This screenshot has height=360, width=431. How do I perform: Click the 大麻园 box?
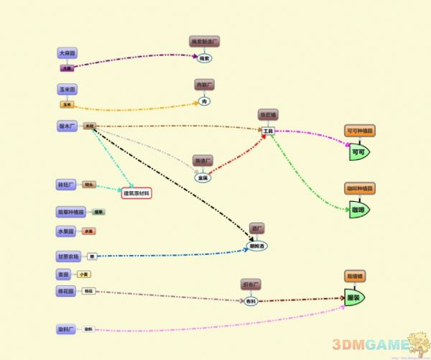tap(67, 53)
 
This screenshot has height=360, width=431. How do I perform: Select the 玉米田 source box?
tap(67, 90)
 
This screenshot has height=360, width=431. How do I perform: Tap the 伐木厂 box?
tap(68, 126)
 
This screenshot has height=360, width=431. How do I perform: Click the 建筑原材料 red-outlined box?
tap(136, 193)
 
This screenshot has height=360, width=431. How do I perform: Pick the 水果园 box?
tap(66, 231)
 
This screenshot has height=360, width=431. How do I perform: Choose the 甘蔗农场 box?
tap(70, 256)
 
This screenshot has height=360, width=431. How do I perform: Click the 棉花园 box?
tap(67, 292)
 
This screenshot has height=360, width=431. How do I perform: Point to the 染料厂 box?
tap(67, 329)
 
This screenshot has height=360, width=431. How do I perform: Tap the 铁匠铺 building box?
tap(268, 115)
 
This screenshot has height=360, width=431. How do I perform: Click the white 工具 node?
tap(268, 131)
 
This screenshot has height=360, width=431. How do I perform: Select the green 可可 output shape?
tap(358, 152)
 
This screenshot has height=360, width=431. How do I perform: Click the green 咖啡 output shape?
tap(358, 210)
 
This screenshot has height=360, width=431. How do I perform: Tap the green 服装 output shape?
tap(353, 297)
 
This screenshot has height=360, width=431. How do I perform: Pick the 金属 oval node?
tap(203, 177)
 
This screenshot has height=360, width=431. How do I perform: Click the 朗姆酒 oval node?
tap(257, 246)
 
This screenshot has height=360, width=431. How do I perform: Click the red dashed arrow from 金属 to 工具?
tap(237, 154)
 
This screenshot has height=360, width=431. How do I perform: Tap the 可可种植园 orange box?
tap(359, 131)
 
